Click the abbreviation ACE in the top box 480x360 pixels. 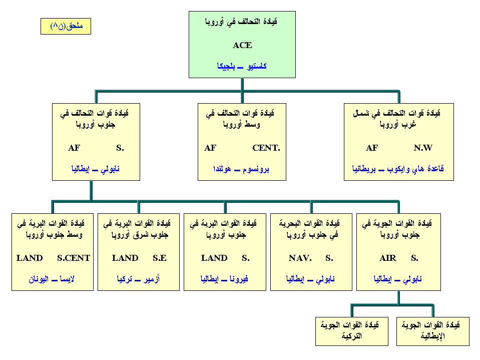click(242, 45)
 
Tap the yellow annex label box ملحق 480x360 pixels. click(66, 27)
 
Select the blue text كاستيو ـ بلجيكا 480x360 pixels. click(242, 66)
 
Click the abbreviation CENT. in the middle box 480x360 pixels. click(266, 148)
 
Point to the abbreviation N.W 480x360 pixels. click(423, 148)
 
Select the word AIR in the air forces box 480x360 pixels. click(388, 258)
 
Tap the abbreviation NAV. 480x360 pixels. click(300, 258)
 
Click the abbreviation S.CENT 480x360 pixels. click(74, 258)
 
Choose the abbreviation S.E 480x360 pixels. click(160, 258)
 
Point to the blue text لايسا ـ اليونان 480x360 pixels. click(52, 279)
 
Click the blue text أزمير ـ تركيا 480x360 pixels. click(138, 279)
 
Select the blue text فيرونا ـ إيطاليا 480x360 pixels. click(224, 279)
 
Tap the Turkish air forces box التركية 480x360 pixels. click(352, 331)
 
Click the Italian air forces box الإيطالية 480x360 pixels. click(433, 331)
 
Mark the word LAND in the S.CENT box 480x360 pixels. click(30, 258)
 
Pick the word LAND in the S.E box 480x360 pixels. click(125, 258)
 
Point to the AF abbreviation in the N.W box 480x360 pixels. click(372, 148)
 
